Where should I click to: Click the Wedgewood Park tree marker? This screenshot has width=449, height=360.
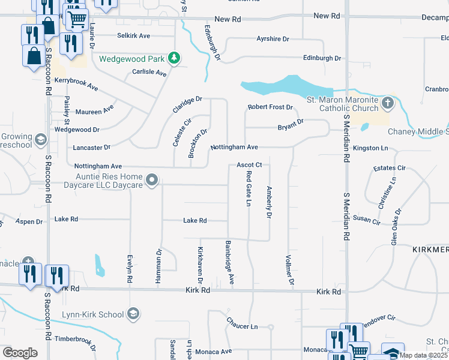tap(174, 58)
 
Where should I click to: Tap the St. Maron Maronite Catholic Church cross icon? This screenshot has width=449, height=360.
tap(388, 103)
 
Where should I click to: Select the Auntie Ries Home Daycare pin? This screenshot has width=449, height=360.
tap(152, 179)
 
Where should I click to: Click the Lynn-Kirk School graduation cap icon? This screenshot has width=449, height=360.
tap(133, 314)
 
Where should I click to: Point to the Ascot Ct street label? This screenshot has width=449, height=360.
tap(249, 164)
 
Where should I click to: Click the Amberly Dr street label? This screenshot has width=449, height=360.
tap(269, 201)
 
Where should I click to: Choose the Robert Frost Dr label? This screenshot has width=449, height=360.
tap(270, 107)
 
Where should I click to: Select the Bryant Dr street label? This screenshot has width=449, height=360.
tap(291, 127)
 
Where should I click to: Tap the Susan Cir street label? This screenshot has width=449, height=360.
tap(367, 221)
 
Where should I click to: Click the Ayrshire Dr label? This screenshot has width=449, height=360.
tap(273, 39)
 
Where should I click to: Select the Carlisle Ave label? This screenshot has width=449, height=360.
tap(149, 73)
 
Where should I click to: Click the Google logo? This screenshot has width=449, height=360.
tap(20, 353)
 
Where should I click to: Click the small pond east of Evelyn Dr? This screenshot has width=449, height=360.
tap(100, 265)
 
